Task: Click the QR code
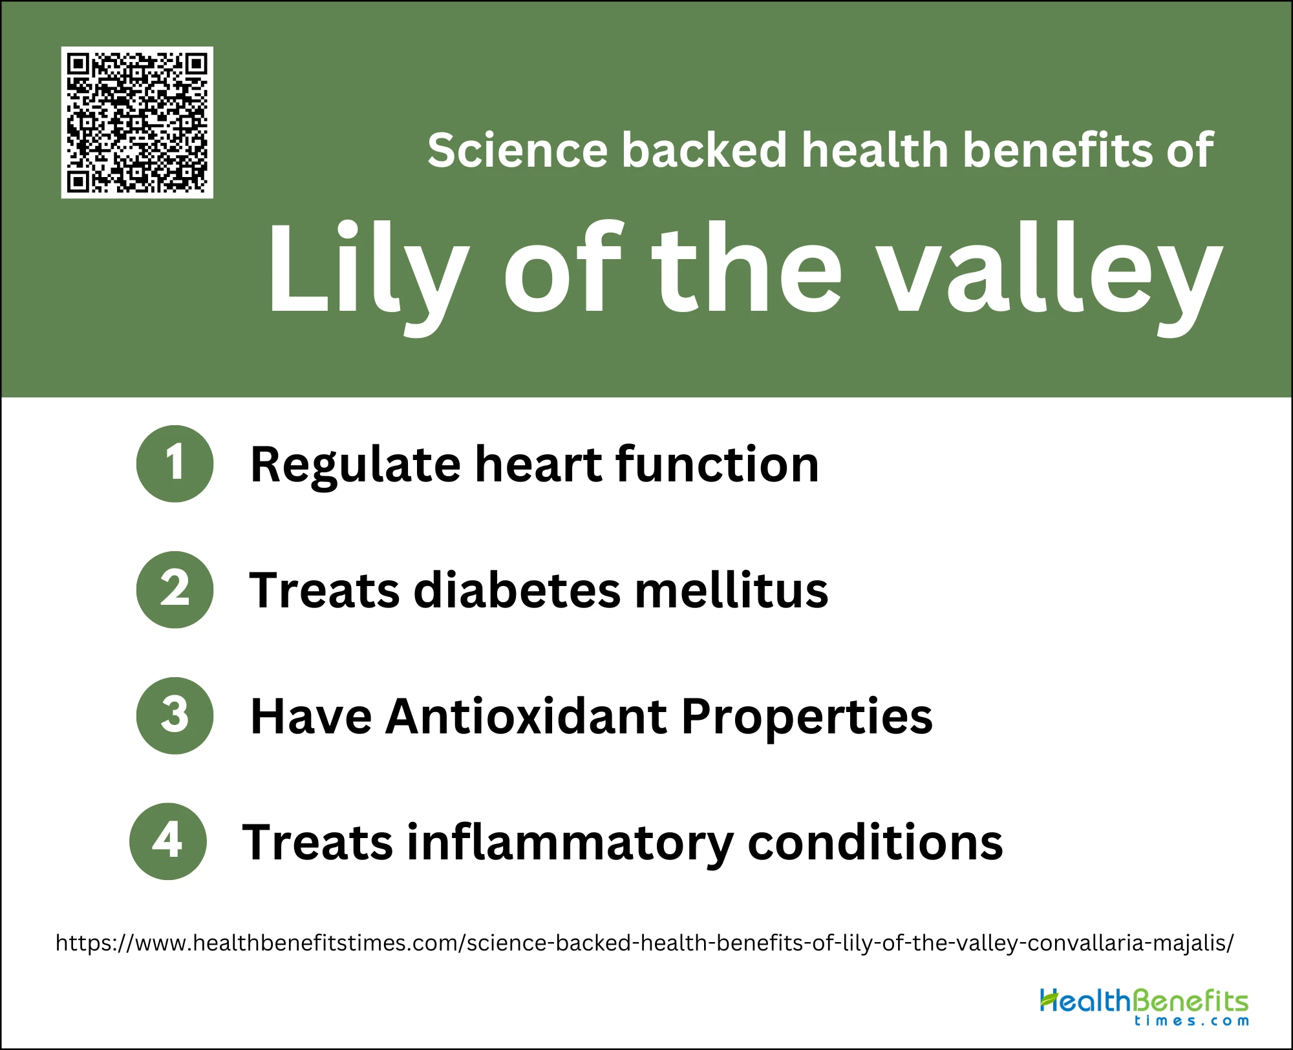coord(137,122)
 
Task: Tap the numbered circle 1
coord(175,463)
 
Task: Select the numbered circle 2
coord(175,589)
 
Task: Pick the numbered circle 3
coord(175,715)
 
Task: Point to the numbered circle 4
coord(168,841)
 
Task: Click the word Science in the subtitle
coord(517,150)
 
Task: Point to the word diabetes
coord(517,590)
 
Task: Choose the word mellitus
coord(731,590)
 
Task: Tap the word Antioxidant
coord(526,717)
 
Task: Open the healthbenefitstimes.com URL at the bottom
coord(645,943)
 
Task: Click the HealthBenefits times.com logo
coord(1144,1007)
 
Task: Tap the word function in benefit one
coord(717,464)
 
